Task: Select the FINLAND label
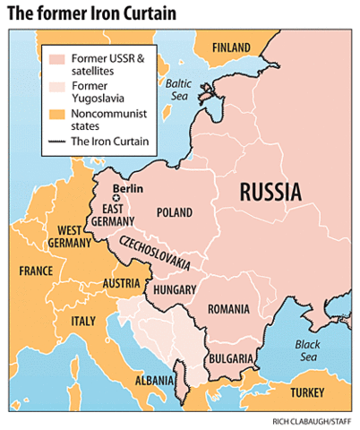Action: (232, 47)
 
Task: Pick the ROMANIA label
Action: (228, 308)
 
